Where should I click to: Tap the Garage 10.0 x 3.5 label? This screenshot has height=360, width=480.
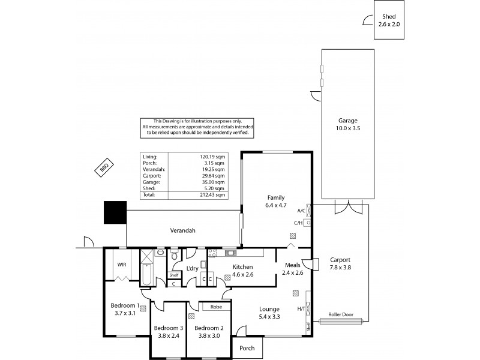point(347,124)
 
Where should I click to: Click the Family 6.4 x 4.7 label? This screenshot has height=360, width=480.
point(276,201)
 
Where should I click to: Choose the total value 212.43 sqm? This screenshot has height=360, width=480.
point(212,194)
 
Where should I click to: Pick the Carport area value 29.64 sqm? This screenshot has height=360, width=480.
point(212,175)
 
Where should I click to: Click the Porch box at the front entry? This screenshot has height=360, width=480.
point(247,348)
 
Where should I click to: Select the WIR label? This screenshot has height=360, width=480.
point(121,264)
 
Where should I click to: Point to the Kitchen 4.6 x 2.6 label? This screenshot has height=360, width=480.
point(243,271)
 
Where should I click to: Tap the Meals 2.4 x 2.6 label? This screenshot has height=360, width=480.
point(293,269)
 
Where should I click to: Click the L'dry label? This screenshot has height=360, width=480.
point(192,268)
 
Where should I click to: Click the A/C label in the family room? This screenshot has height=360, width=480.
point(301,211)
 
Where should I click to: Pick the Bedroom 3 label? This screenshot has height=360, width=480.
point(168,332)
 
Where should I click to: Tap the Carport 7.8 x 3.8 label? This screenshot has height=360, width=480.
point(340,264)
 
